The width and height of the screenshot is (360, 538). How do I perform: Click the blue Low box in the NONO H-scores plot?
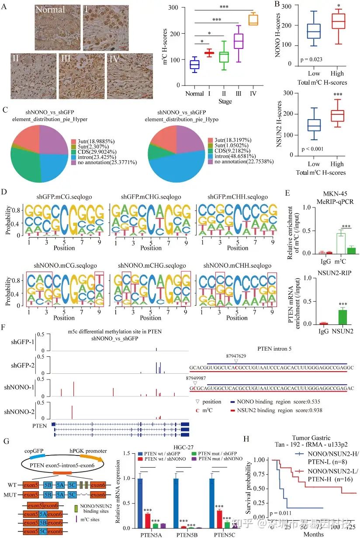click(313, 31)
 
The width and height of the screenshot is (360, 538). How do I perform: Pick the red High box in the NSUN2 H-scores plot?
click(337, 115)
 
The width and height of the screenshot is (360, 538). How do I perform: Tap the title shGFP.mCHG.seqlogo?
click(151, 197)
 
